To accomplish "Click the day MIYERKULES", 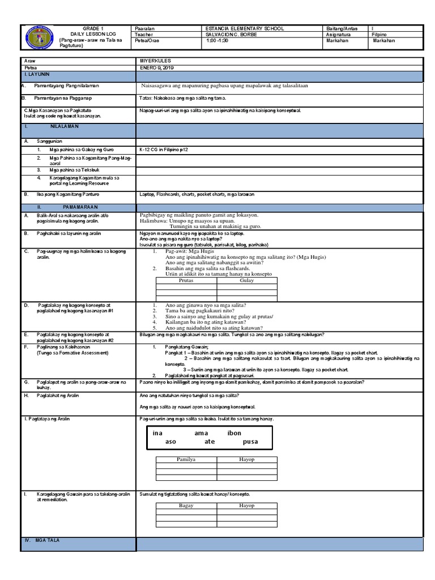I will [155, 61].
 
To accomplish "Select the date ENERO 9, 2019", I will [157, 67].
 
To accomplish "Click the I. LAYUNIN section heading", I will [37, 74].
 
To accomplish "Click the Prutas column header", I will [186, 280].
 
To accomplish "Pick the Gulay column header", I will [247, 280].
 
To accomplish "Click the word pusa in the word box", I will [250, 441].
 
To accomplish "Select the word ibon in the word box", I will [234, 433].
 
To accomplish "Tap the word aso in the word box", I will [170, 441].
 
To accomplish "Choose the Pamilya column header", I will [186, 459].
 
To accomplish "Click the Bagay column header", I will [186, 505].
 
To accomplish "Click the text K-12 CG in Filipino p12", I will [164, 150].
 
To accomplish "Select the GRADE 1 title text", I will [90, 28].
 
